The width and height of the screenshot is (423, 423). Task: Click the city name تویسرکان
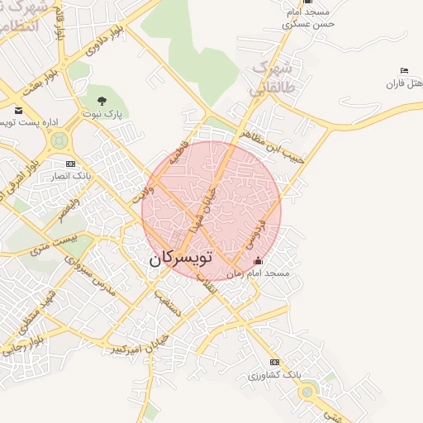pyautogui.click(x=180, y=258)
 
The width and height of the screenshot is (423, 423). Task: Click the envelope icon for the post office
pyautogui.click(x=18, y=109)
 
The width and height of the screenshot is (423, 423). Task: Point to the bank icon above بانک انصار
pyautogui.click(x=70, y=164)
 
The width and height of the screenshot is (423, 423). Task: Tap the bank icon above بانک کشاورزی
pyautogui.click(x=274, y=363)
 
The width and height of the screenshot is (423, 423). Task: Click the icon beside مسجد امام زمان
pyautogui.click(x=259, y=262)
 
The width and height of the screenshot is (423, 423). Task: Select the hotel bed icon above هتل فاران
pyautogui.click(x=403, y=71)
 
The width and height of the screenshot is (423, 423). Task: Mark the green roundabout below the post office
pyautogui.click(x=59, y=141)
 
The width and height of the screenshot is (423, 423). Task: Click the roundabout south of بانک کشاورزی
pyautogui.click(x=308, y=392)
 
